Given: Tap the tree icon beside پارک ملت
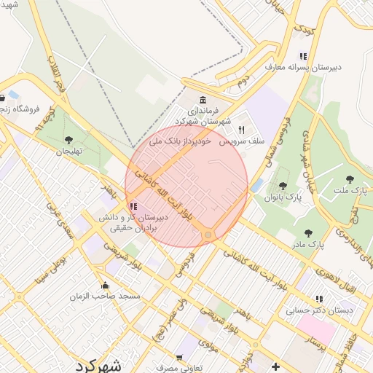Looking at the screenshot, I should click(350, 178).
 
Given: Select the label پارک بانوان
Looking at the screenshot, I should click(283, 197).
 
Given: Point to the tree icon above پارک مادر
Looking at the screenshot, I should click(307, 233).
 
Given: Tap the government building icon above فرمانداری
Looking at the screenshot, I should click(202, 100).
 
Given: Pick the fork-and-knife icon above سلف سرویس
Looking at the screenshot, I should click(241, 128).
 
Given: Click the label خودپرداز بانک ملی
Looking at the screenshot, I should click(180, 140).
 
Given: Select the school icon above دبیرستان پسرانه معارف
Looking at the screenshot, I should click(303, 56).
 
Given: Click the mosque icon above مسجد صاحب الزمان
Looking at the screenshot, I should click(106, 286).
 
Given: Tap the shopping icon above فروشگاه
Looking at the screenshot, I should click(2, 98).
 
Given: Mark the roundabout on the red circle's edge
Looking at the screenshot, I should click(208, 235).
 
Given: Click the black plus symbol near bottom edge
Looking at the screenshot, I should click(275, 366).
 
